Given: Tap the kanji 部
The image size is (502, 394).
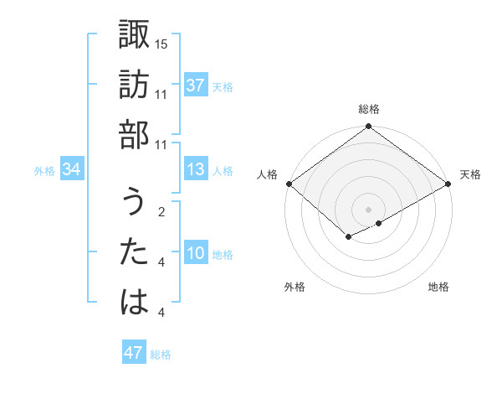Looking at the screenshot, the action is (134, 134).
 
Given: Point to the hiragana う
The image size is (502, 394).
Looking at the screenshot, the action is (134, 202).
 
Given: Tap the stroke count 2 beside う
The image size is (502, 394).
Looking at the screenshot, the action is (161, 212).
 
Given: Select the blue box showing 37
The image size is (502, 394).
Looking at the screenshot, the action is (196, 86).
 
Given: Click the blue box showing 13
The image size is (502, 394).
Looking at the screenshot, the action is (196, 170).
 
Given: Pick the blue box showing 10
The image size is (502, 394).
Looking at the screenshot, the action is (196, 254).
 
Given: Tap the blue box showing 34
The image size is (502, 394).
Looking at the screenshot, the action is (72, 170).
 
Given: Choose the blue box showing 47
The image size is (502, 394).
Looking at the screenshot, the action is (134, 353).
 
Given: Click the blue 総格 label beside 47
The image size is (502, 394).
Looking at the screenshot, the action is (161, 355).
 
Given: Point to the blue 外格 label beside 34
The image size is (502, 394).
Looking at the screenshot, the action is (44, 171).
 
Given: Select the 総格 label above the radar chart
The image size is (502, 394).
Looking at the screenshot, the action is (368, 110).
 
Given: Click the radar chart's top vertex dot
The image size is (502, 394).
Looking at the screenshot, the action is (368, 127).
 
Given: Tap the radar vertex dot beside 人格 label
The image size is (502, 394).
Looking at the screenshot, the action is (289, 184).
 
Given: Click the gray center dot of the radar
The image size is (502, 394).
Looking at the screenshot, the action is (368, 209).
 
